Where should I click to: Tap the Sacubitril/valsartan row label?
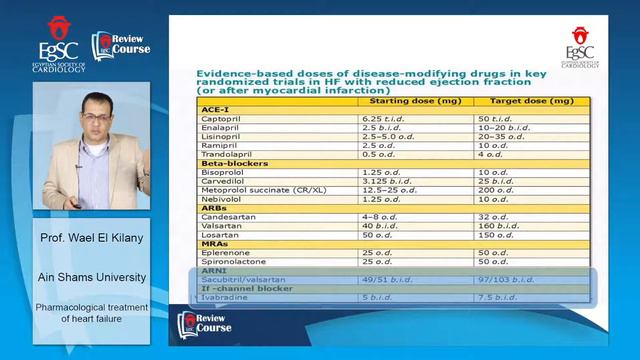(241, 279)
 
